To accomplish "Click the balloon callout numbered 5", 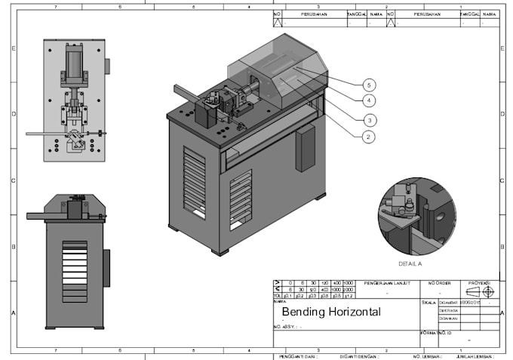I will [x=369, y=84].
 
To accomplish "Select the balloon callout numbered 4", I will [x=369, y=100].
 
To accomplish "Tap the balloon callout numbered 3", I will [x=369, y=119].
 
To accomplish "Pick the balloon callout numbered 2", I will [x=369, y=137].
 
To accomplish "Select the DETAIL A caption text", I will [x=410, y=265].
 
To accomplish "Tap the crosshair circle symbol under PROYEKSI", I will [x=488, y=291].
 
